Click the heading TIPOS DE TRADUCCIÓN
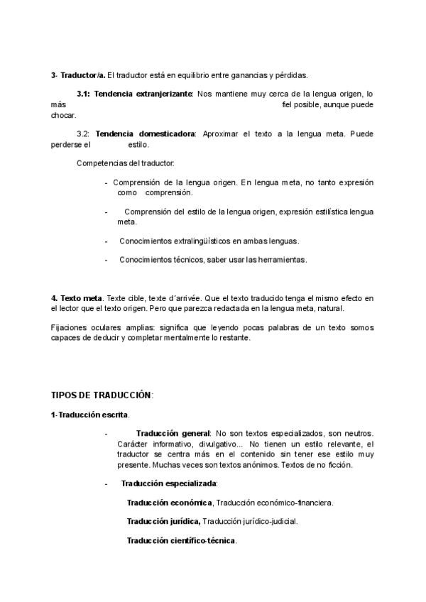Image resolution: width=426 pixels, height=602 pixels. (102, 395)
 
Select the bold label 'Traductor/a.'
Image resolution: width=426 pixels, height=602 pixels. (84, 75)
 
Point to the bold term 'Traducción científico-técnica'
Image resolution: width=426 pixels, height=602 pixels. (181, 540)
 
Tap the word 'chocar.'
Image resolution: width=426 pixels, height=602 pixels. (63, 115)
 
